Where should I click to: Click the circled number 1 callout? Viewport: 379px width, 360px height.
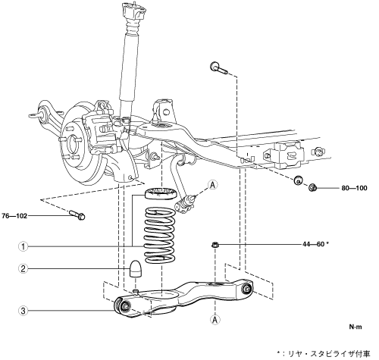click(23, 246)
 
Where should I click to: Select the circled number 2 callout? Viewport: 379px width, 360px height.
click(23, 268)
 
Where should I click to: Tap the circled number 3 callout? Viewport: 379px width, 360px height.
click(23, 311)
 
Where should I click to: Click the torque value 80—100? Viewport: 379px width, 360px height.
click(354, 188)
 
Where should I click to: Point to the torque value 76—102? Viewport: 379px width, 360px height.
click(14, 216)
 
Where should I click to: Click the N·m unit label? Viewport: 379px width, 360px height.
click(356, 327)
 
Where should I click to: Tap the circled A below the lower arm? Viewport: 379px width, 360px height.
click(215, 320)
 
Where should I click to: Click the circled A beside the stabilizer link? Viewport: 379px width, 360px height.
click(213, 185)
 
